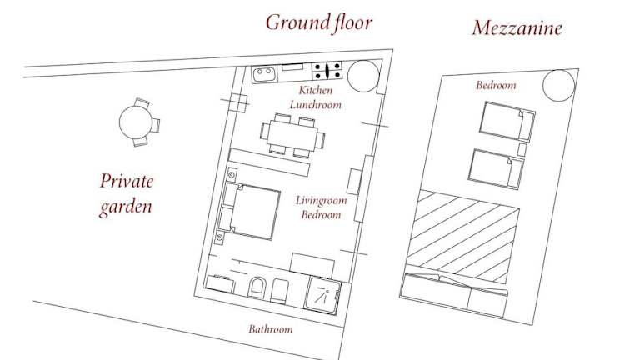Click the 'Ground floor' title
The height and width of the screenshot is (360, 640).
pyautogui.click(x=319, y=22)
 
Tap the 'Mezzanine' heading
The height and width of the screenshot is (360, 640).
pyautogui.click(x=517, y=27)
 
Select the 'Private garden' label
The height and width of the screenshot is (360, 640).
pyautogui.click(x=127, y=194)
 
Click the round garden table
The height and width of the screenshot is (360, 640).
pyautogui.click(x=135, y=122)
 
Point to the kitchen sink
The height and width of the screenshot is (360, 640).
pyautogui.click(x=264, y=74)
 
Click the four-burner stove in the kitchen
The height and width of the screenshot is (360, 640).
pyautogui.click(x=327, y=71)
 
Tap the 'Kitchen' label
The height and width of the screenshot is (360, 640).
pyautogui.click(x=316, y=90)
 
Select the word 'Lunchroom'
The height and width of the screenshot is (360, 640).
pyautogui.click(x=316, y=105)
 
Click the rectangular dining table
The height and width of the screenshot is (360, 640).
pyautogui.click(x=292, y=136)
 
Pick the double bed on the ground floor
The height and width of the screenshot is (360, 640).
pyautogui.click(x=250, y=211)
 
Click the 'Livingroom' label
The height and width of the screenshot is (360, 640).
pyautogui.click(x=321, y=200)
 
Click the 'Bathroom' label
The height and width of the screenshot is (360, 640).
pyautogui.click(x=271, y=329)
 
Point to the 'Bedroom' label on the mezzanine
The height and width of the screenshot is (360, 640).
pyautogui.click(x=496, y=85)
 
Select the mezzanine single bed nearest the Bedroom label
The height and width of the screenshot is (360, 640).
pyautogui.click(x=507, y=121)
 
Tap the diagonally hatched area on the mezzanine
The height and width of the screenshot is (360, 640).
pyautogui.click(x=463, y=236)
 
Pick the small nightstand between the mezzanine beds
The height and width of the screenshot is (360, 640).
pyautogui.click(x=522, y=149)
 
